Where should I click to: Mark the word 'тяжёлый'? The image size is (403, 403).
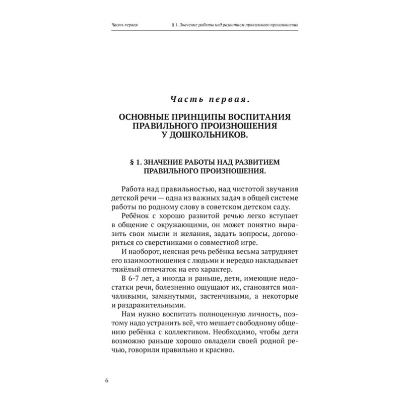click(124, 272)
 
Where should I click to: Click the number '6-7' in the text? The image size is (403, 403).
click(132, 281)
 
